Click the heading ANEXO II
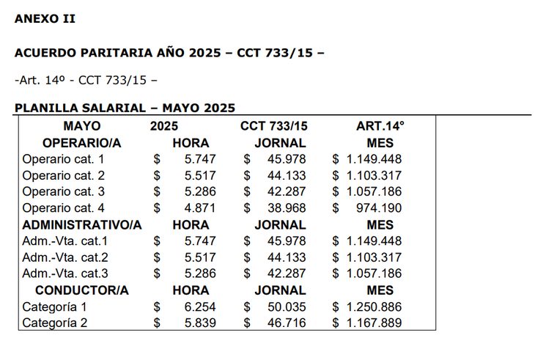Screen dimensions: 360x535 [x=45, y=18]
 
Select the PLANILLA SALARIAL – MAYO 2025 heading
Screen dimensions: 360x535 [x=125, y=108]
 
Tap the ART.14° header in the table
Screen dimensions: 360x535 [x=380, y=126]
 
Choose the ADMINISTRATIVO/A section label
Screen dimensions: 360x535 [x=82, y=224]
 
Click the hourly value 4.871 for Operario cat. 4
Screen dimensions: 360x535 [x=196, y=208]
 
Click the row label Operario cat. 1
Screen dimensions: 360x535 [x=63, y=158]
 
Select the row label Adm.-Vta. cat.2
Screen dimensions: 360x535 [x=65, y=257]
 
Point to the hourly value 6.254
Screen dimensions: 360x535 [x=196, y=307]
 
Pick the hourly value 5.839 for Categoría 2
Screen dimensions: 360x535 [x=196, y=323]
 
